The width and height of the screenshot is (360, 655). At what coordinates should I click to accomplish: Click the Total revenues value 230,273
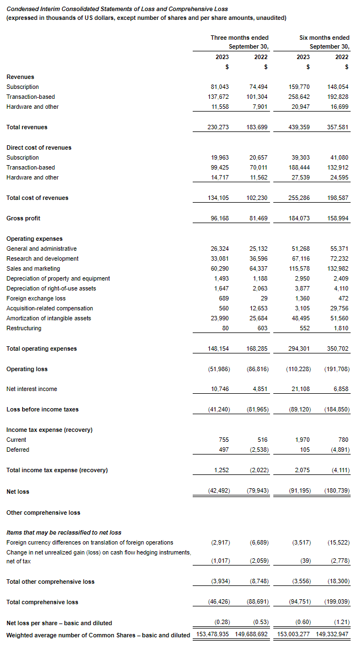tap(218, 127)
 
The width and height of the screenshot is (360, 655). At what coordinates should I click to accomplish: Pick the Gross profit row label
tap(23, 218)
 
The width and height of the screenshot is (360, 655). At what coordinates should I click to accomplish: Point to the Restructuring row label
tap(24, 328)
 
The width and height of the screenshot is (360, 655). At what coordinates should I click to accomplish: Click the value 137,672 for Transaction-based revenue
tap(218, 97)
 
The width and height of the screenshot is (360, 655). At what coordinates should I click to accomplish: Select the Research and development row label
tap(43, 258)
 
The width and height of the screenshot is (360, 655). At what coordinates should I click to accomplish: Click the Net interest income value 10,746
tap(219, 389)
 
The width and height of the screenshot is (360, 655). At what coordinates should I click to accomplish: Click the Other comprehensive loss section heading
tap(43, 513)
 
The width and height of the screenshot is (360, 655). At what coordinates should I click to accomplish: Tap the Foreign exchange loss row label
tap(33, 298)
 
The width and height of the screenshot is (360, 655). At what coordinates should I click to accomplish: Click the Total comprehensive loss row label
tap(42, 602)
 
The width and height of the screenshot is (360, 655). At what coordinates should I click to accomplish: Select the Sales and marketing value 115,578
tap(299, 268)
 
